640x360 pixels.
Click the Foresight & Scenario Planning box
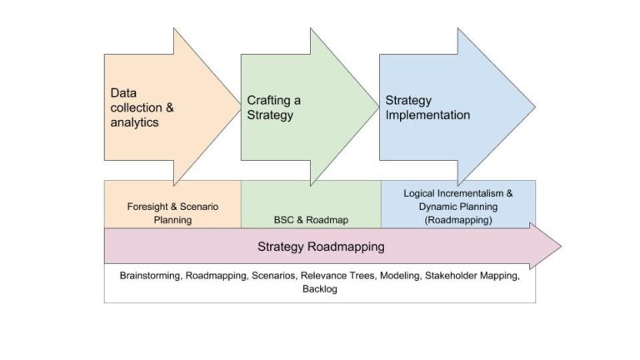[x=172, y=213]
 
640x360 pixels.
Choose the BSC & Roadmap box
[x=311, y=220]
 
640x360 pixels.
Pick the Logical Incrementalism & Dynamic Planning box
[x=457, y=206]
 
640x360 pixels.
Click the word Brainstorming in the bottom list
[x=150, y=274]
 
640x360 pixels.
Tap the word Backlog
[x=319, y=289]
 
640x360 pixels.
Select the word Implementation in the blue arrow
[x=427, y=115]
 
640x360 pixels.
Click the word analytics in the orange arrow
[x=134, y=122]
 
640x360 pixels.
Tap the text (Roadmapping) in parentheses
[x=457, y=219]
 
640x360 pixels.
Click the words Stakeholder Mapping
[x=477, y=274]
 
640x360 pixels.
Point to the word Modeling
[x=402, y=274]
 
